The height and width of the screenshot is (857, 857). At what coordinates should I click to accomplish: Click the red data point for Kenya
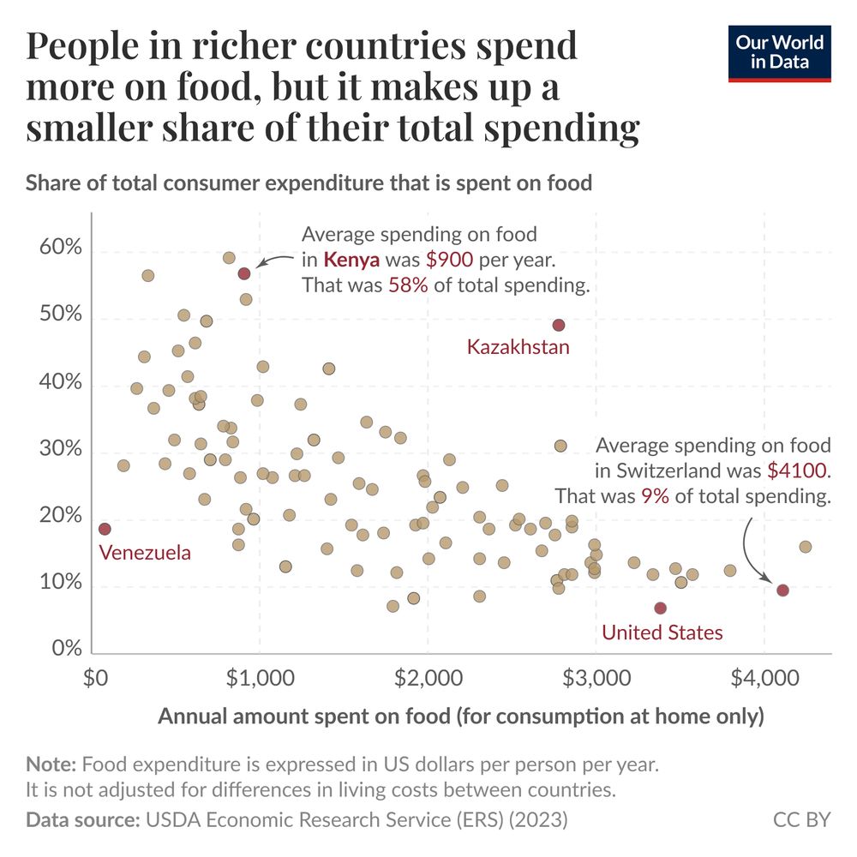click(244, 273)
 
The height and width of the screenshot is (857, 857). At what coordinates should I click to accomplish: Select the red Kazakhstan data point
click(559, 325)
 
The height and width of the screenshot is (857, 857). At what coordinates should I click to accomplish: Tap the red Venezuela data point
click(105, 529)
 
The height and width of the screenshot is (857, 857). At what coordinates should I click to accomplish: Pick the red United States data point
click(660, 608)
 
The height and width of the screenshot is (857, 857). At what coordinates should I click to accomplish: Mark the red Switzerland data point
click(782, 590)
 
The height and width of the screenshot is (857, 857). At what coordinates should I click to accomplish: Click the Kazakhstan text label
click(518, 347)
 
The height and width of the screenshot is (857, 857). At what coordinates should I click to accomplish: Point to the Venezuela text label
click(145, 553)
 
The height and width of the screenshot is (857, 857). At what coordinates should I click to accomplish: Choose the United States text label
click(662, 632)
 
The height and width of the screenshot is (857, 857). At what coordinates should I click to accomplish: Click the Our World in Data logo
click(780, 53)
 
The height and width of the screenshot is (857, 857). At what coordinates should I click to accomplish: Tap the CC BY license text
click(801, 820)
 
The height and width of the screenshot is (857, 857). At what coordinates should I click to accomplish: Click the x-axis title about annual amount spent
click(460, 716)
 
